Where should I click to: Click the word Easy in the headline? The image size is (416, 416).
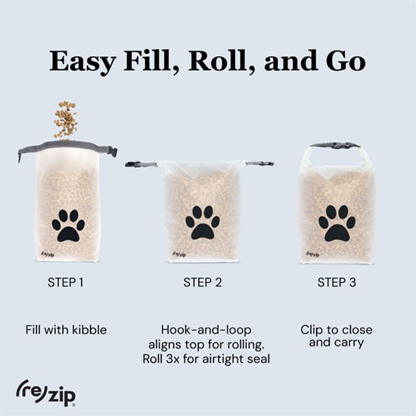point(82,62)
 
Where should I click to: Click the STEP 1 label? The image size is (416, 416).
point(66,282)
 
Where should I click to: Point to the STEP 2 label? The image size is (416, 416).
point(203,282)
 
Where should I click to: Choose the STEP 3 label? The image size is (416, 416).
point(337,282)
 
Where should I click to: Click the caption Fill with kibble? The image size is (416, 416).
point(66,330)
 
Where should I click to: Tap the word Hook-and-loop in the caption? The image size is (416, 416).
point(206,330)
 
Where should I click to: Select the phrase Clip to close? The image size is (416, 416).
point(337,330)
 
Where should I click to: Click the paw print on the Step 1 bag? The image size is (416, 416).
point(68,226)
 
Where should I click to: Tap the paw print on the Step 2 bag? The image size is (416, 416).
point(203,222)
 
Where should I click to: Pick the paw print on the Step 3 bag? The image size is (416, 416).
point(337,223)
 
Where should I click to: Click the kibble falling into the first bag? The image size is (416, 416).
point(65,120)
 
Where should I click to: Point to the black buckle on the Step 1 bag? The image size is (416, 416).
point(112,152)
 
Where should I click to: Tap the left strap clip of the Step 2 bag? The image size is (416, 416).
point(135,164)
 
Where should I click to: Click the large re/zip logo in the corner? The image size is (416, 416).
point(45,393)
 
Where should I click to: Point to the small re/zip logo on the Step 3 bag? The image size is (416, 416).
point(313,254)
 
